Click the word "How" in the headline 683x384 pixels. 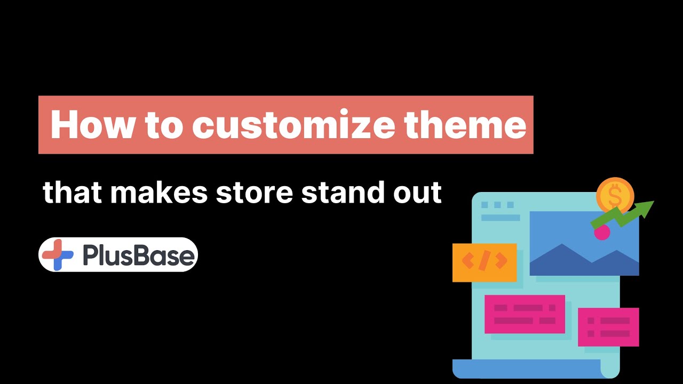pyautogui.click(x=84, y=125)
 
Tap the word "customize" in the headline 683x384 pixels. pyautogui.click(x=293, y=125)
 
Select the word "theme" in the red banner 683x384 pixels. pyautogui.click(x=464, y=125)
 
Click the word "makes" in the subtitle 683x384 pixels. pyautogui.click(x=158, y=192)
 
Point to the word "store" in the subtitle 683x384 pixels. pyautogui.click(x=254, y=192)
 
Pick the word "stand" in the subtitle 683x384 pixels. pyautogui.click(x=340, y=192)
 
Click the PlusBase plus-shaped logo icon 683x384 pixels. pyautogui.click(x=58, y=255)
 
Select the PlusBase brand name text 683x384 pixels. pyautogui.click(x=139, y=255)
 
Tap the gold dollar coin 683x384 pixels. pyautogui.click(x=615, y=196)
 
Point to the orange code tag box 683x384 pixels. pyautogui.click(x=484, y=262)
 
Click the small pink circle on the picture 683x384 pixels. pyautogui.click(x=602, y=232)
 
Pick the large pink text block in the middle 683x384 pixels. pyautogui.click(x=525, y=314)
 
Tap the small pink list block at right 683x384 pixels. pyautogui.click(x=608, y=327)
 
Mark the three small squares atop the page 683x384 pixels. pyautogui.click(x=497, y=205)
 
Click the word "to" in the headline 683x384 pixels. pyautogui.click(x=154, y=125)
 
